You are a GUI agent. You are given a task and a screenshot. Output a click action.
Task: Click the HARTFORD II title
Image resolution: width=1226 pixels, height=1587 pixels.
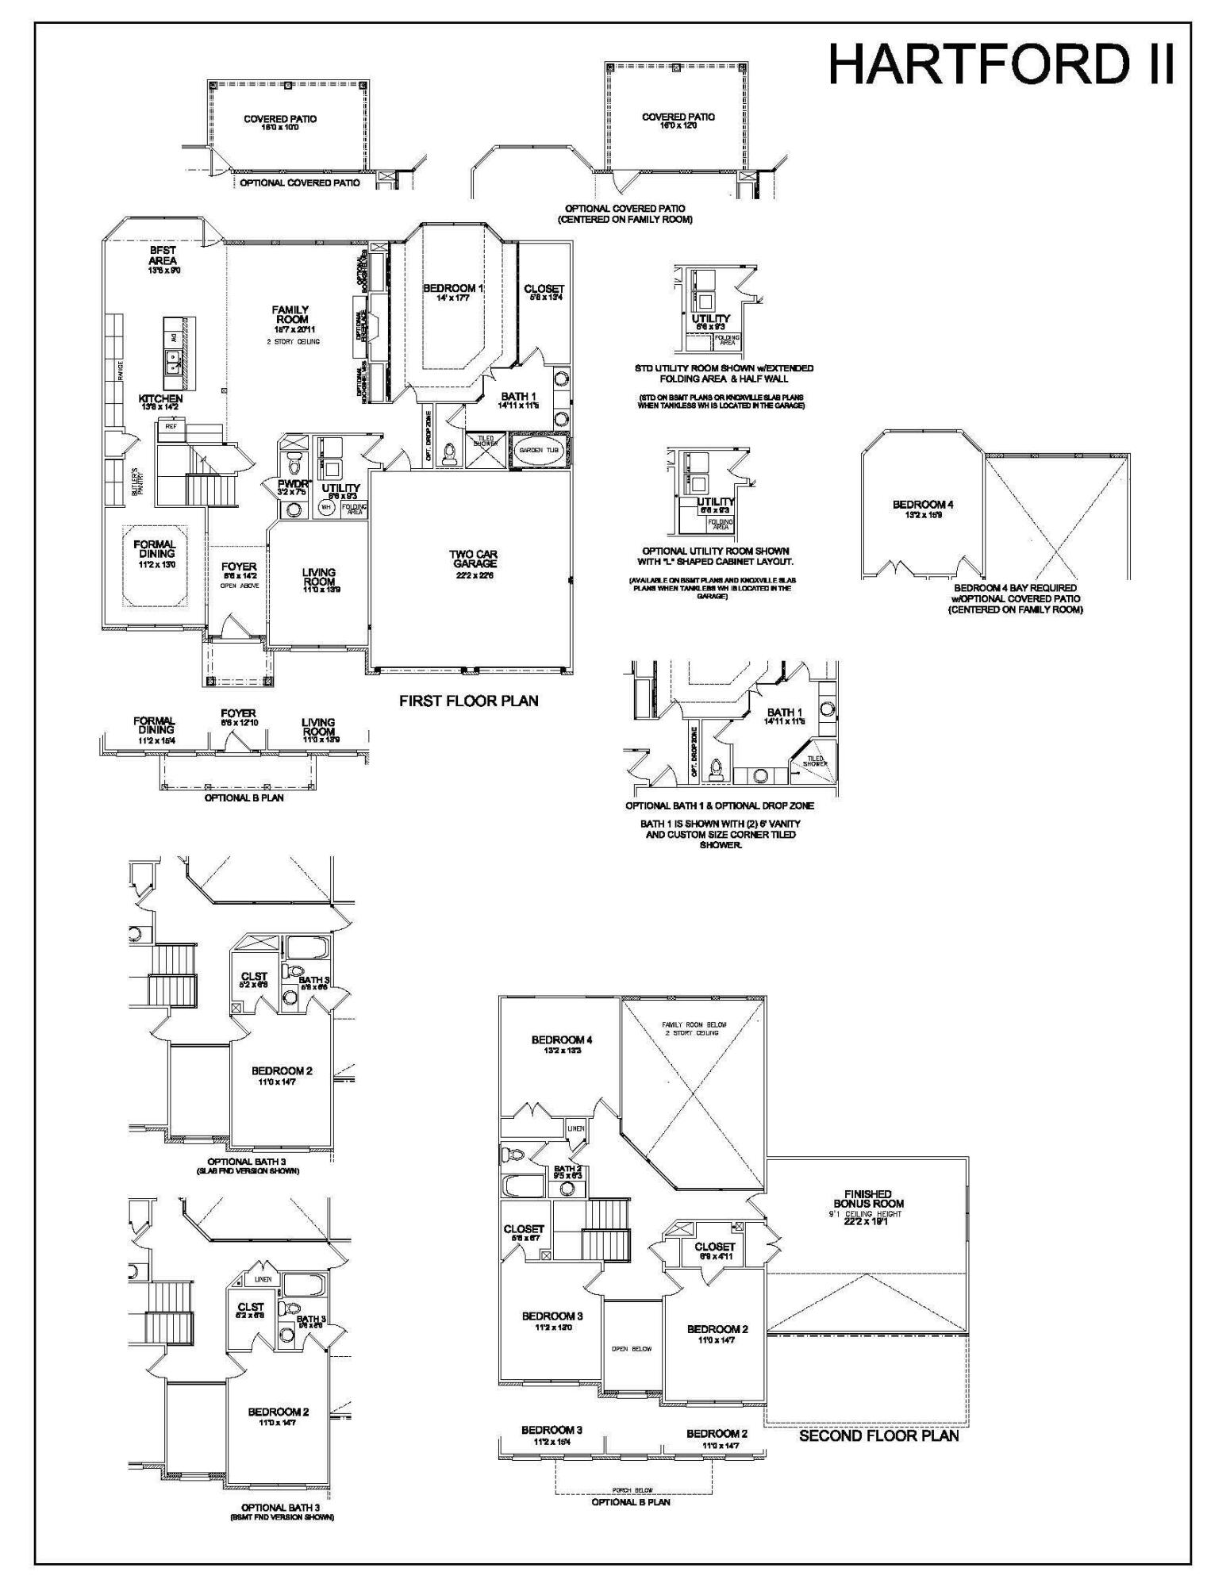[x=1001, y=65]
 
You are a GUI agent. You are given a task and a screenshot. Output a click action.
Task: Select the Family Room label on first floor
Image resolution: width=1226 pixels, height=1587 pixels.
[x=290, y=315]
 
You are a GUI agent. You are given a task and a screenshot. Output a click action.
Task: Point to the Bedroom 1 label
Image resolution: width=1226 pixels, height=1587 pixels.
[x=452, y=289]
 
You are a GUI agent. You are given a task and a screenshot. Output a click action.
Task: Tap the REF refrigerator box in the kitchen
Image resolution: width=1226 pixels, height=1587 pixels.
[x=170, y=427]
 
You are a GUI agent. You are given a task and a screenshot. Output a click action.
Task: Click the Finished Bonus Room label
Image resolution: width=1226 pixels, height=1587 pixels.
[x=868, y=1199]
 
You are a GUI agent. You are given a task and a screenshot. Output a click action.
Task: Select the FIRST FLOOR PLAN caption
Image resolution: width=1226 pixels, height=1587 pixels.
[x=468, y=701]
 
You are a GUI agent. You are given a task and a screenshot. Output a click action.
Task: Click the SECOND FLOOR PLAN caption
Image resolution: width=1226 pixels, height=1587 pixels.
[x=878, y=1436]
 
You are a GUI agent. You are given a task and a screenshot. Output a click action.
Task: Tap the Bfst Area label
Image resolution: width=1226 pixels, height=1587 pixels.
[x=163, y=256]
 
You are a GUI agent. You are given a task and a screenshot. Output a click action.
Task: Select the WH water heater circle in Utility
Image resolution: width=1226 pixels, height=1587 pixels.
[x=325, y=506]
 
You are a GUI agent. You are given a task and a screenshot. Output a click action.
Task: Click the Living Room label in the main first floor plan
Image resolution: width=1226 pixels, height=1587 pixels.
[x=319, y=577]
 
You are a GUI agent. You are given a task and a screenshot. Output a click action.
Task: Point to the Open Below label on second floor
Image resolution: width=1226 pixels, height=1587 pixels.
[x=632, y=1349]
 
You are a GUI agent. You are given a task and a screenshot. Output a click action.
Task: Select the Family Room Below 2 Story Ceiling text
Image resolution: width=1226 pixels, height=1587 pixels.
[x=694, y=1028]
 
